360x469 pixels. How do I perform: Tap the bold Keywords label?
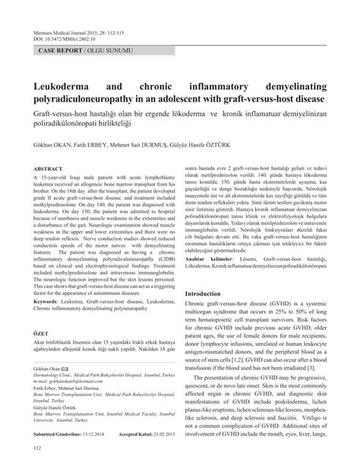[49, 322]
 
